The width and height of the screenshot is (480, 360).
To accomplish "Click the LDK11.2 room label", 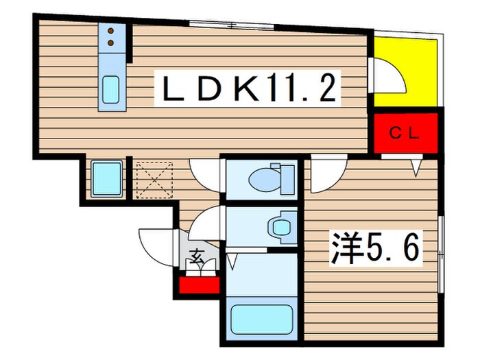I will point(249,89).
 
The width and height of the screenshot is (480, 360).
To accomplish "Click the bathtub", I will point(261,319).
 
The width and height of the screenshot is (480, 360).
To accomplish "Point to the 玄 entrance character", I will point(196,259).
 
